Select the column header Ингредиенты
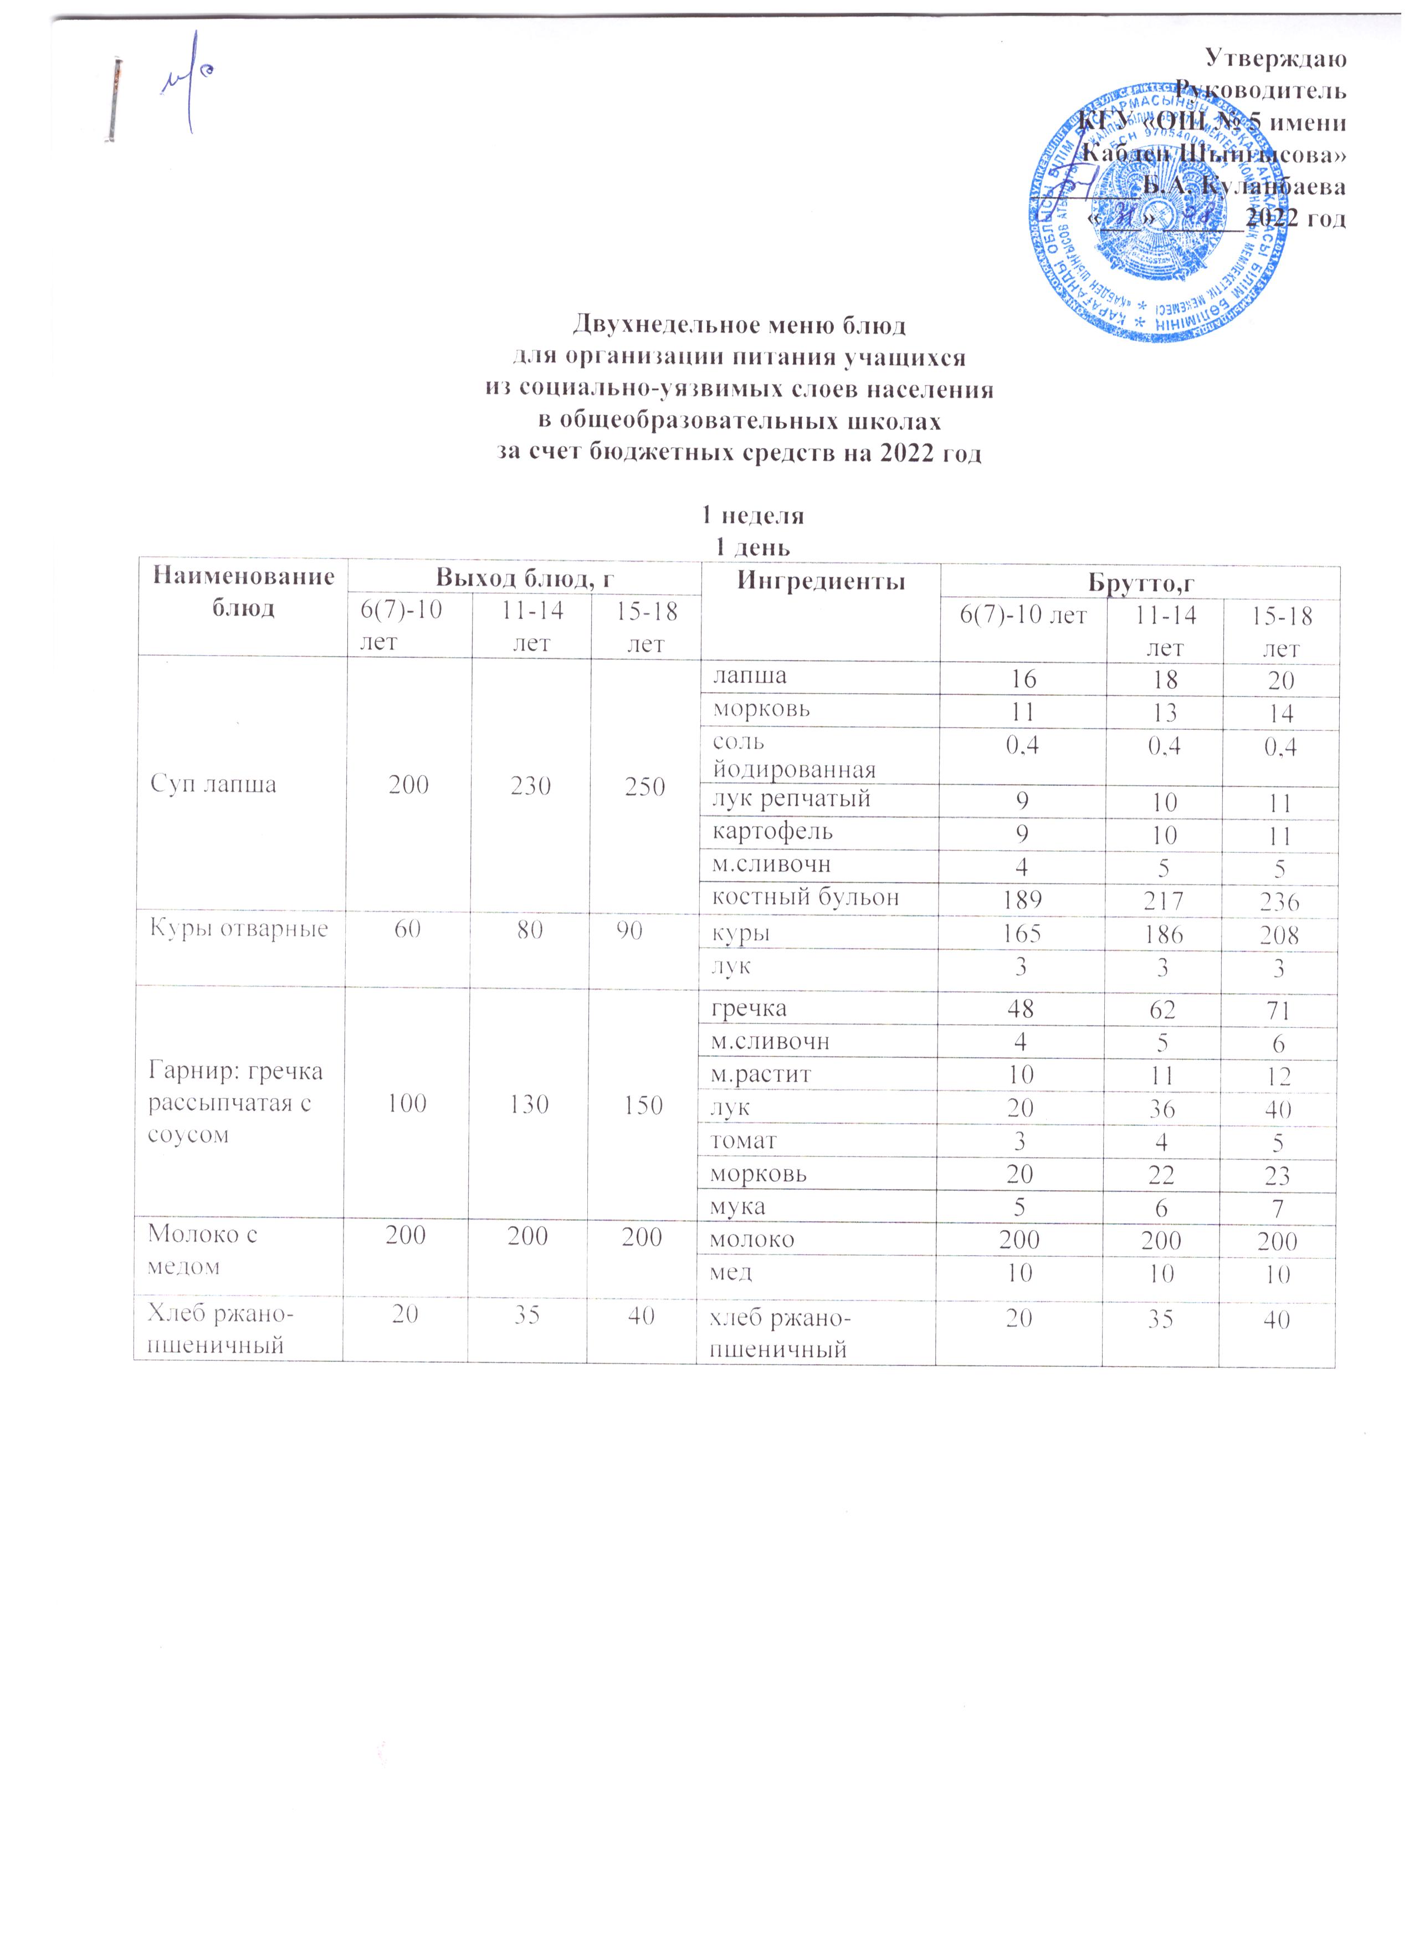coord(822,581)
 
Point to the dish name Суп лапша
coord(213,785)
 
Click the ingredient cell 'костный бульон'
coord(806,898)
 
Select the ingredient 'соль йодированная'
coord(793,755)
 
